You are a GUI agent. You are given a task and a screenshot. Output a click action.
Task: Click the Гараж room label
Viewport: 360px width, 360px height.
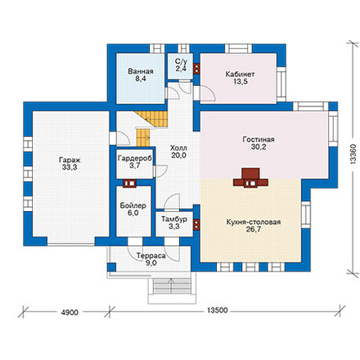[70, 160]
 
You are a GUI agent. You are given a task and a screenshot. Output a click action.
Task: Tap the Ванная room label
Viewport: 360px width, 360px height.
[141, 71]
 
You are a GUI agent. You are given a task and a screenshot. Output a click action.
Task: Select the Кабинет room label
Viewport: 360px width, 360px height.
[240, 74]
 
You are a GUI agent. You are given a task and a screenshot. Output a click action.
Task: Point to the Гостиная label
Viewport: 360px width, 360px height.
[259, 140]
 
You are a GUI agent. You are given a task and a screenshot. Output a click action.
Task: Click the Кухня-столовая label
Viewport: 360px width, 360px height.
[254, 223]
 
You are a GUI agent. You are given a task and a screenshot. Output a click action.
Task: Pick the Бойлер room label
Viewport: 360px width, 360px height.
[133, 205]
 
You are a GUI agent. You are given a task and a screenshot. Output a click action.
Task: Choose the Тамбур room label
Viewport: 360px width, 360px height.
[174, 219]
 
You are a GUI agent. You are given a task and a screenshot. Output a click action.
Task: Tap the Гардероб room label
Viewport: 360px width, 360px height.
[135, 159]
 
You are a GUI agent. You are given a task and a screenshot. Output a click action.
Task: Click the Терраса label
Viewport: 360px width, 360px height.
[151, 256]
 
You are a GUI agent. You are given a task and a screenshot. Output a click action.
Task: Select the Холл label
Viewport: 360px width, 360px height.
[178, 148]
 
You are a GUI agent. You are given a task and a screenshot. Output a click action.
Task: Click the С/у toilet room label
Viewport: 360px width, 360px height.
[181, 61]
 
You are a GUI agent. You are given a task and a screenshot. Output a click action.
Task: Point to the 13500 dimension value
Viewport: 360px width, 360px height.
[217, 310]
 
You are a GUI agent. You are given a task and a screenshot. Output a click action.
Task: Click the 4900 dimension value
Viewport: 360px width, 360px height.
[70, 313]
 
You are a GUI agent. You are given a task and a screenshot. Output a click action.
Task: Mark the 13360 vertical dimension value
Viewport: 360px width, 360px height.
[353, 154]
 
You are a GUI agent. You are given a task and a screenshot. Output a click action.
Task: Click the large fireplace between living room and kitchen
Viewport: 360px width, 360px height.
[250, 178]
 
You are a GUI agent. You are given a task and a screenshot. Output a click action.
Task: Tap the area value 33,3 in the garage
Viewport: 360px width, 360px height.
[70, 168]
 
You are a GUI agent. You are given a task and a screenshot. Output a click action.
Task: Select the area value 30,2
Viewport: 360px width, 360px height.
[259, 147]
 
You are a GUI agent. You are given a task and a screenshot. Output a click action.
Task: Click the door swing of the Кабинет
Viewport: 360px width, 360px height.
[208, 94]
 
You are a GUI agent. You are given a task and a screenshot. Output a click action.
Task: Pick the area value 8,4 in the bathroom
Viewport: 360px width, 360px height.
[141, 79]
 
